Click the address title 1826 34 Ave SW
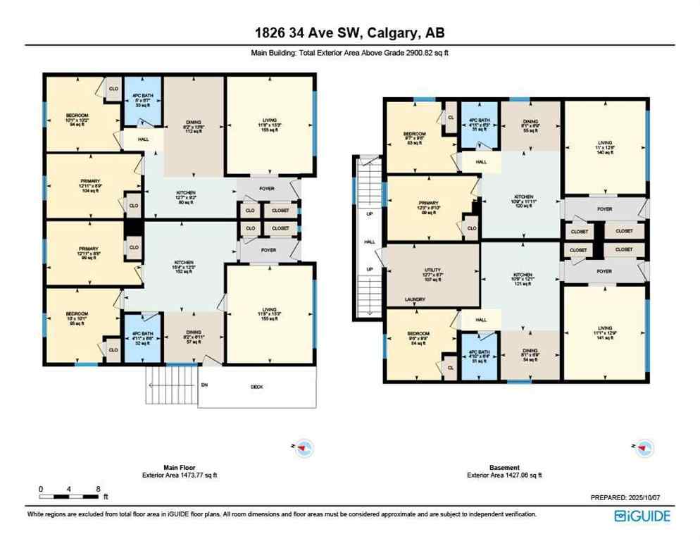click(349, 32)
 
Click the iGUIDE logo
click(642, 516)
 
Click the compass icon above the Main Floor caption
click(305, 447)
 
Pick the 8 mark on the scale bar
click(98, 488)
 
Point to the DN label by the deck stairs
click(184, 385)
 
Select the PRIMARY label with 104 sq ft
click(91, 186)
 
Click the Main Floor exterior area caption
click(180, 471)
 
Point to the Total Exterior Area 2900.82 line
click(349, 52)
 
